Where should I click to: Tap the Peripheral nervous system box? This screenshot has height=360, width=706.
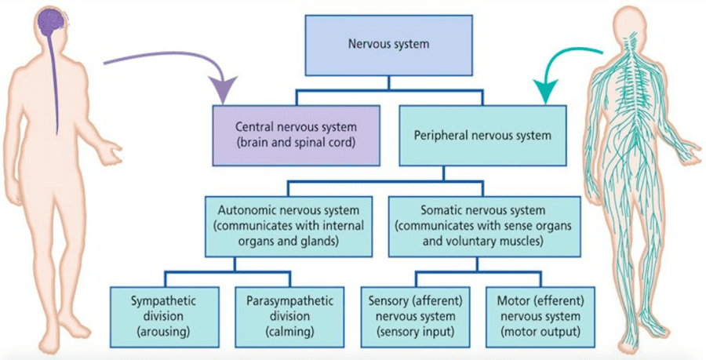482,135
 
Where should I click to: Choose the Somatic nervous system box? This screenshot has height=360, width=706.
484,227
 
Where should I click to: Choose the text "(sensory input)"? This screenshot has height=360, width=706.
416,331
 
